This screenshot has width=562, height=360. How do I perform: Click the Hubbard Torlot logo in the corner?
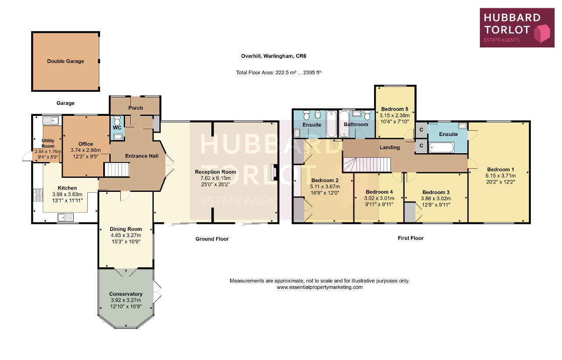pos(517,28)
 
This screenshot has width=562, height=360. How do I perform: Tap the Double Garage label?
pos(65,61)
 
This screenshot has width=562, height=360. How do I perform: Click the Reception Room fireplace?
pos(274,172)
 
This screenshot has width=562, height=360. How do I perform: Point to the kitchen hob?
pos(38,195)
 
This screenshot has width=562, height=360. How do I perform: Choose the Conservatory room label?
pos(126,294)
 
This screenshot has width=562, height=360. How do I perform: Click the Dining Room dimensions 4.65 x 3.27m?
pos(126,235)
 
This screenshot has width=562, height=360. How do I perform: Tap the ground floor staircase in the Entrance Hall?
pos(117,170)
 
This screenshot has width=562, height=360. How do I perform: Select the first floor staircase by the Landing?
pos(367,165)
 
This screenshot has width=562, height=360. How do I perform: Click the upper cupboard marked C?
pos(421,130)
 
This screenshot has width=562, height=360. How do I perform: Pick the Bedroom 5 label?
pos(394,109)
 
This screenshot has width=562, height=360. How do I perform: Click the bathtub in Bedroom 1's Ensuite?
pos(441,147)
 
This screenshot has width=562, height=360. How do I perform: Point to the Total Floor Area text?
pos(278,72)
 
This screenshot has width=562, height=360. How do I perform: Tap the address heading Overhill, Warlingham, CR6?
pos(274,56)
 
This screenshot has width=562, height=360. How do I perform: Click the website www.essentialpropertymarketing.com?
pos(320,287)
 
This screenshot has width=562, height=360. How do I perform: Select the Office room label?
pos(86,144)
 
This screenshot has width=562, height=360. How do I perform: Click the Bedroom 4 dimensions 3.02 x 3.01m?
pos(379,198)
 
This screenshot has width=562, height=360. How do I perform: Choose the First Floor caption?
pos(411,238)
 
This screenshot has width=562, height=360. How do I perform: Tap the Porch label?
pos(136,108)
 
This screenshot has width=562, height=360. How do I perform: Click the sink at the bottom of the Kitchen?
pos(65,217)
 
